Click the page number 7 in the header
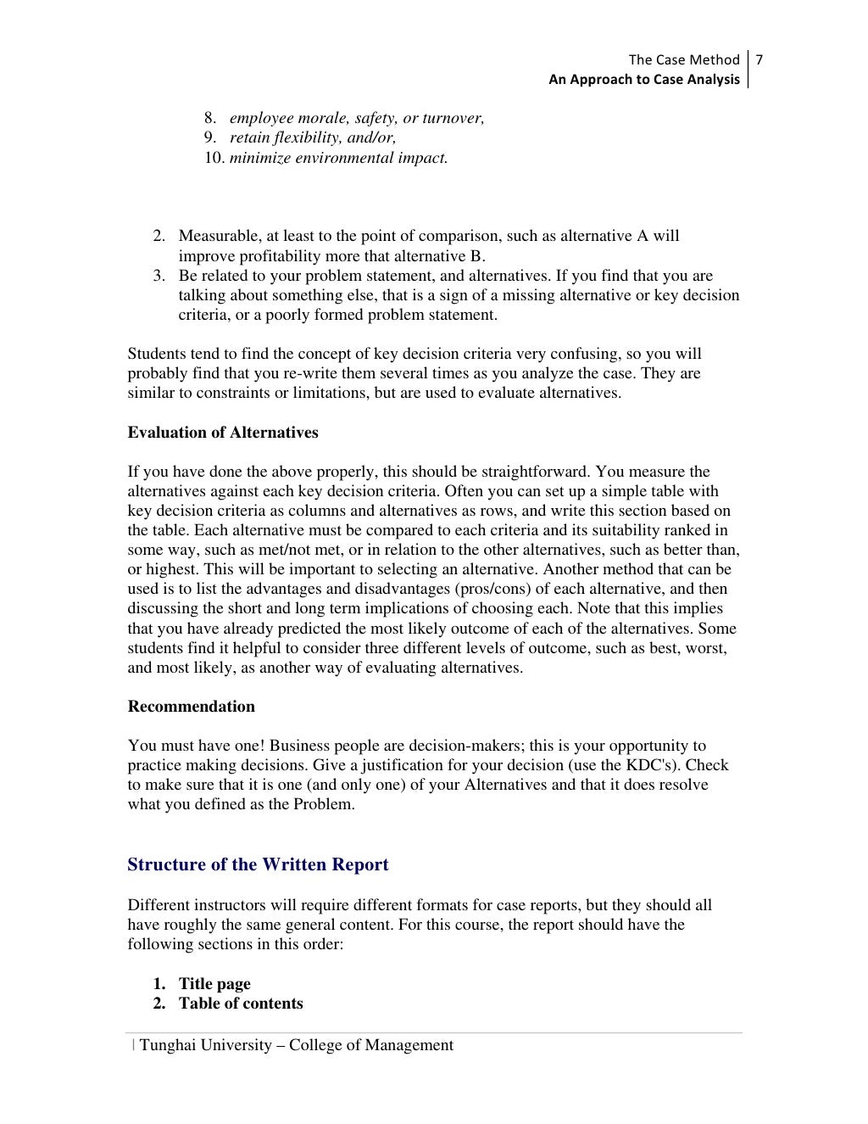[759, 59]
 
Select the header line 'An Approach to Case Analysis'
[643, 80]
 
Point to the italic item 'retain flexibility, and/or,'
[313, 138]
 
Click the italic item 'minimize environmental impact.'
[338, 158]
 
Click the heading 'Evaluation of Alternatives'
[223, 433]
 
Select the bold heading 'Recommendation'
[191, 707]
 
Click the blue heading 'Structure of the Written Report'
[258, 864]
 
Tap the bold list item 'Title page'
[214, 984]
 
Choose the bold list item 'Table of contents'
[241, 1004]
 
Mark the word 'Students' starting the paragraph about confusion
[155, 354]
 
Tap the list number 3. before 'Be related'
[159, 276]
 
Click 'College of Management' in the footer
[370, 1045]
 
